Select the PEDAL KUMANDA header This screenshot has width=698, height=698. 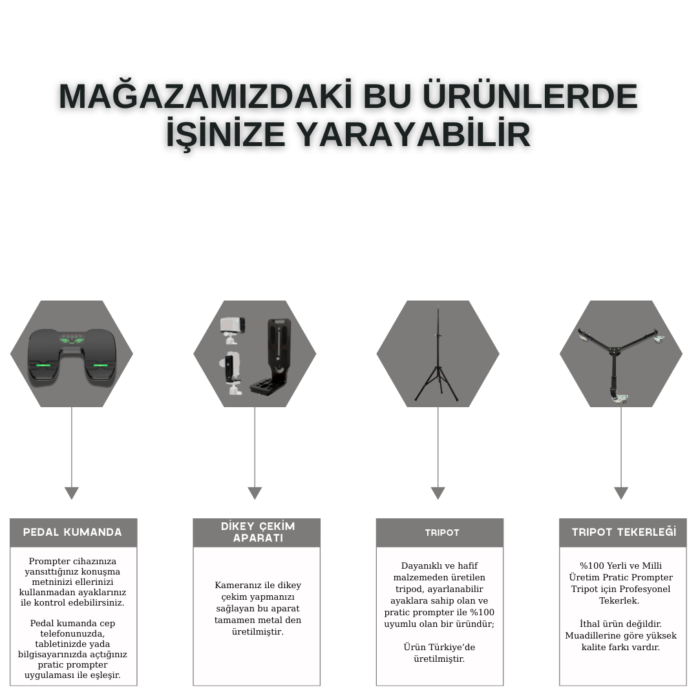pyautogui.click(x=72, y=532)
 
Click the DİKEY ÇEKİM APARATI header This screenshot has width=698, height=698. pyautogui.click(x=258, y=532)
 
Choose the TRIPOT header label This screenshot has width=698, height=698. pyautogui.click(x=442, y=533)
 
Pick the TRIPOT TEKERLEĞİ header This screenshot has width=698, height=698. pyautogui.click(x=624, y=532)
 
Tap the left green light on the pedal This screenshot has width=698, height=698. pyautogui.click(x=43, y=365)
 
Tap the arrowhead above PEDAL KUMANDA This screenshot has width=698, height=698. pyautogui.click(x=72, y=492)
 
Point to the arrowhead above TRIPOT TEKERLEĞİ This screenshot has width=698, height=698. pyautogui.click(x=621, y=492)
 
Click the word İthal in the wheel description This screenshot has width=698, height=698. pyautogui.click(x=589, y=624)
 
